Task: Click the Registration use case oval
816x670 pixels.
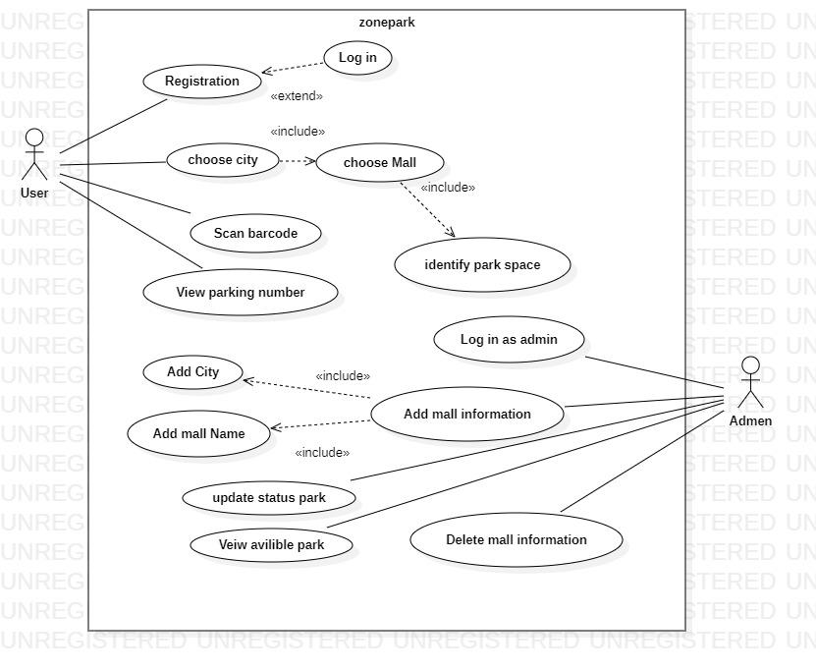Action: point(202,82)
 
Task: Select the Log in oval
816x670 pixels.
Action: point(357,58)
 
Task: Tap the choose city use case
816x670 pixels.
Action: point(223,160)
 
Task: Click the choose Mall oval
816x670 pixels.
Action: point(379,163)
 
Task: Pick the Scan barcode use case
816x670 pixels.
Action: point(255,234)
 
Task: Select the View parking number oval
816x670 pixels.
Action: point(241,292)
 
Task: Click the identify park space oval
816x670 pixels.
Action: point(482,264)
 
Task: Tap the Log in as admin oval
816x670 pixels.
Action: point(509,340)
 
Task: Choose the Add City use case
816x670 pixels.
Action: point(192,372)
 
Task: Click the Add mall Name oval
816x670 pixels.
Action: point(199,433)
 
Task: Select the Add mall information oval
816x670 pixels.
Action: point(467,414)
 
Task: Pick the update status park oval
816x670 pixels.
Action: point(269,497)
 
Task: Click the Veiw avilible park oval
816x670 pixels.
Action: point(271,545)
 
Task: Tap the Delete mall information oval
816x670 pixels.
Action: point(517,539)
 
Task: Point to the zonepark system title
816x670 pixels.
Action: point(387,23)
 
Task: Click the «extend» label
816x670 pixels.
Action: point(297,96)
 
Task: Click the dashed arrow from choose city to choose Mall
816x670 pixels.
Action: point(298,161)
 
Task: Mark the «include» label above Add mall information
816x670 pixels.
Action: point(343,375)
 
